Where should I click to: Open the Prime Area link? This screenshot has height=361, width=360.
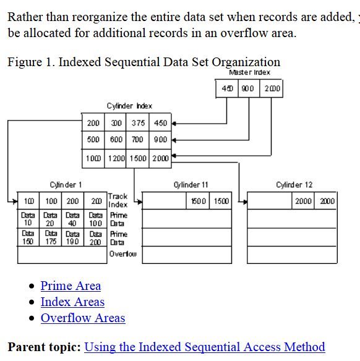tap(71, 286)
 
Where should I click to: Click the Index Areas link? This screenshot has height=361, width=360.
tap(72, 302)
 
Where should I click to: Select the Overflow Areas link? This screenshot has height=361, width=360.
tap(83, 318)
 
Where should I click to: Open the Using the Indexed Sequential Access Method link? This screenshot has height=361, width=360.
tap(204, 347)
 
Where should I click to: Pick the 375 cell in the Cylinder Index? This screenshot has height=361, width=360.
tap(139, 123)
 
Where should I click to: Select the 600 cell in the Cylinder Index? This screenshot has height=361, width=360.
tap(116, 139)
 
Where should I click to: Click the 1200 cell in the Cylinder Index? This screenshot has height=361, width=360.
tap(116, 159)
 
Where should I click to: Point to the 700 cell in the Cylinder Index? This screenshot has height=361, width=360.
tap(139, 139)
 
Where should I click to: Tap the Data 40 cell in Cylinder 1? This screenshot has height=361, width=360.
tap(72, 218)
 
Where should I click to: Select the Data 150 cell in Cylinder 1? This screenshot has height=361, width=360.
tap(28, 238)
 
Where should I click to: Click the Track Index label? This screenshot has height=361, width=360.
tap(118, 200)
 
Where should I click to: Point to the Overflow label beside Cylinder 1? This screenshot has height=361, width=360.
tap(123, 254)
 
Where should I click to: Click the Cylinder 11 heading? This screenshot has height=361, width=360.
tap(191, 184)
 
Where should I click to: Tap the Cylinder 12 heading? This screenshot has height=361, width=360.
tap(294, 184)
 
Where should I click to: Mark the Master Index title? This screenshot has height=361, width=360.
tap(250, 72)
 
